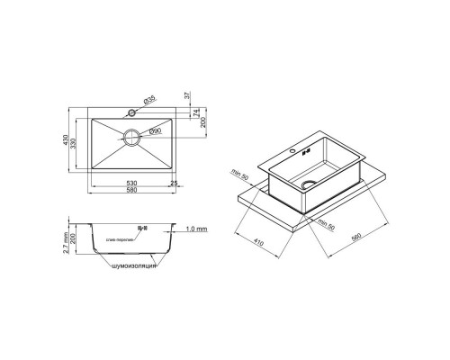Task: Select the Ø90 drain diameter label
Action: (154, 132)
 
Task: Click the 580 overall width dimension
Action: (132, 192)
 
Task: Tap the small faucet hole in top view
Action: (131, 113)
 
